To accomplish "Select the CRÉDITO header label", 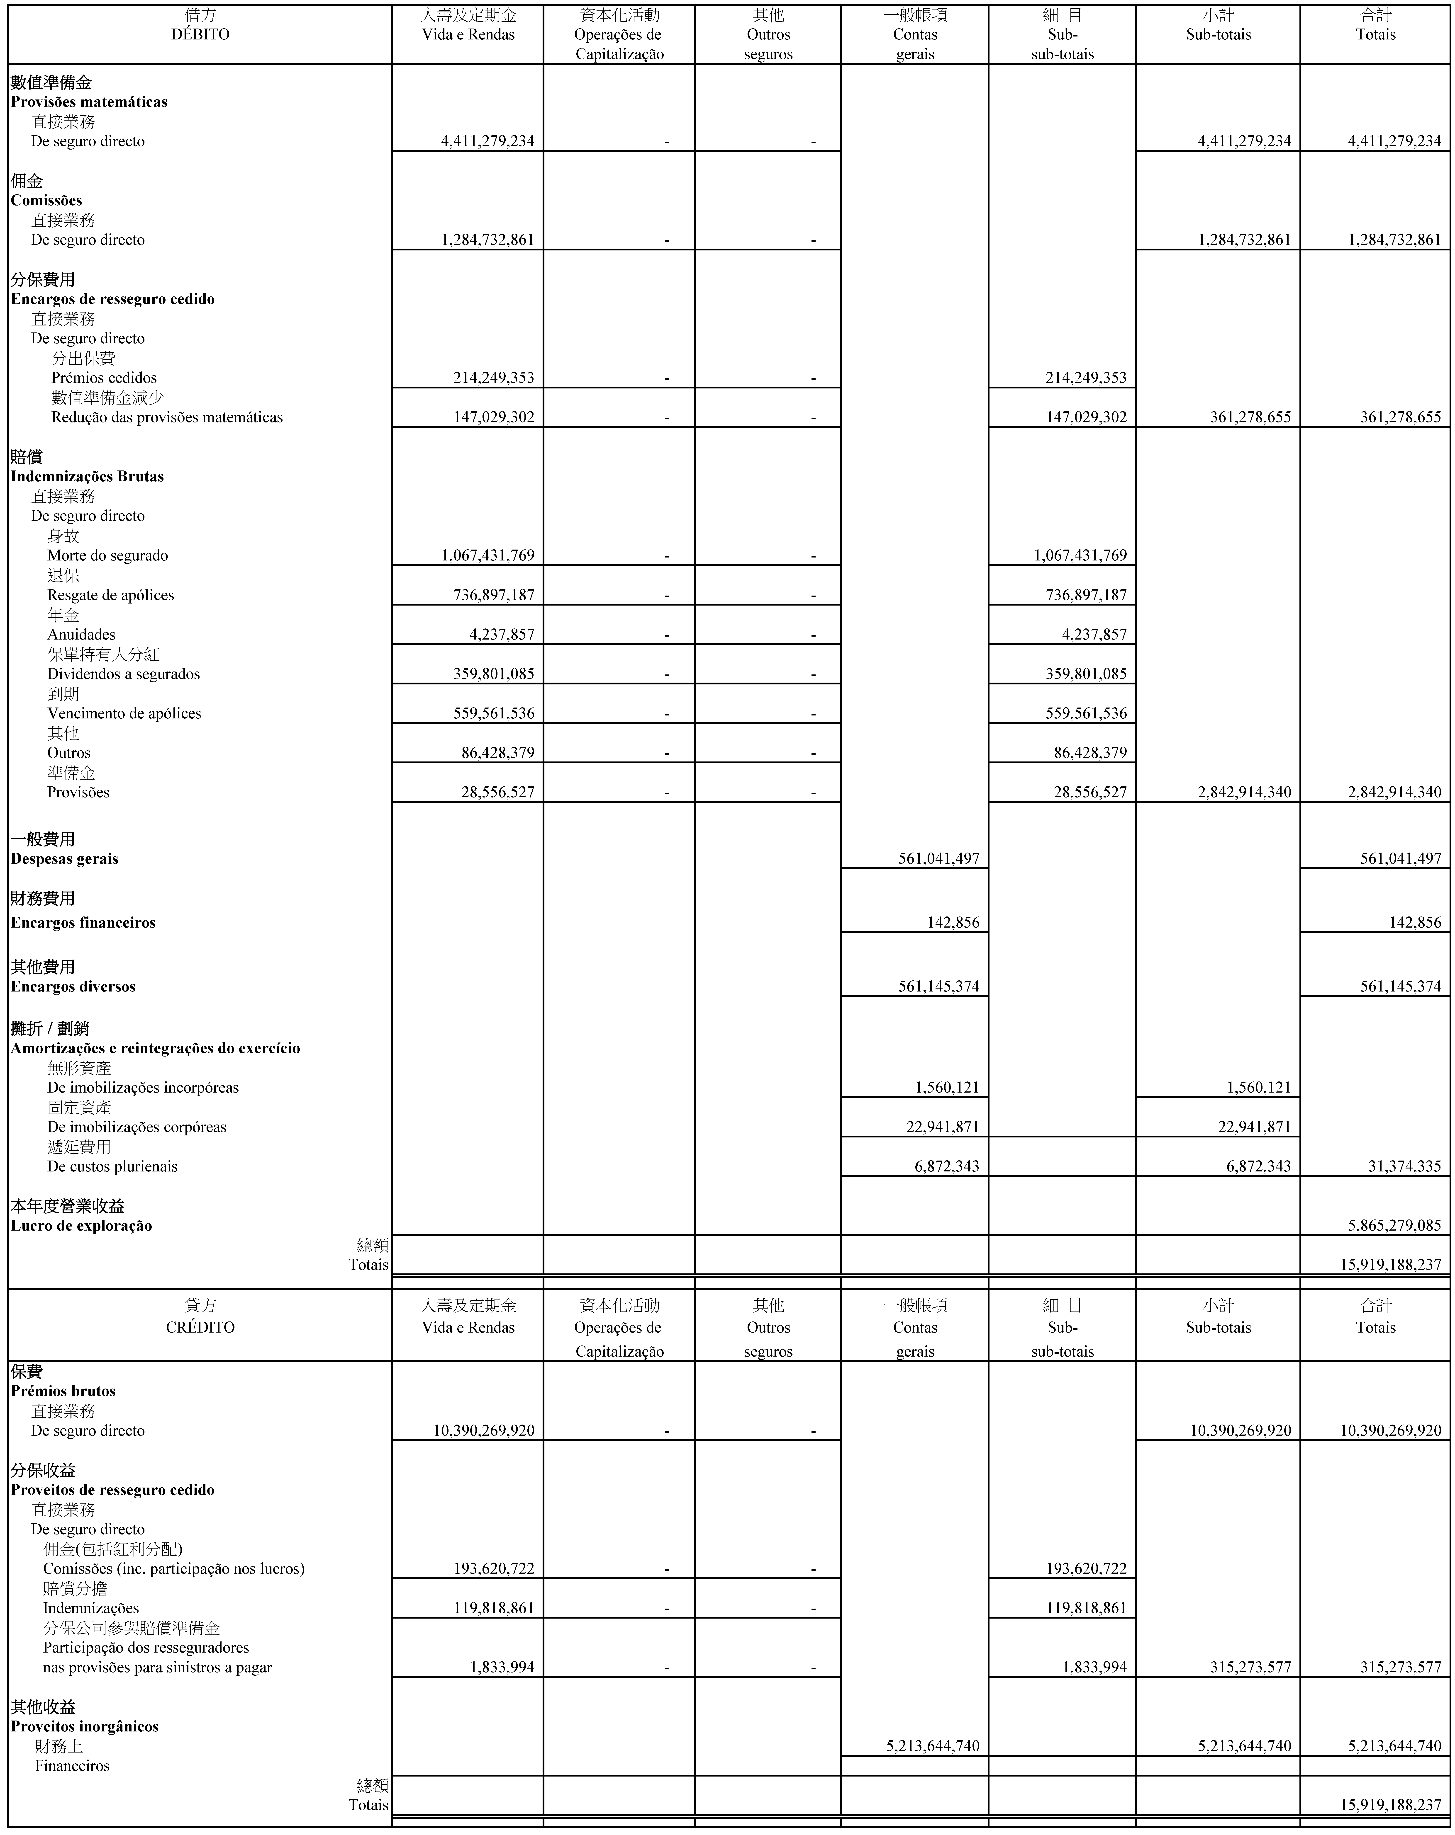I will (x=200, y=1327).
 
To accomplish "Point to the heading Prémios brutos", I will (x=63, y=1391).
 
